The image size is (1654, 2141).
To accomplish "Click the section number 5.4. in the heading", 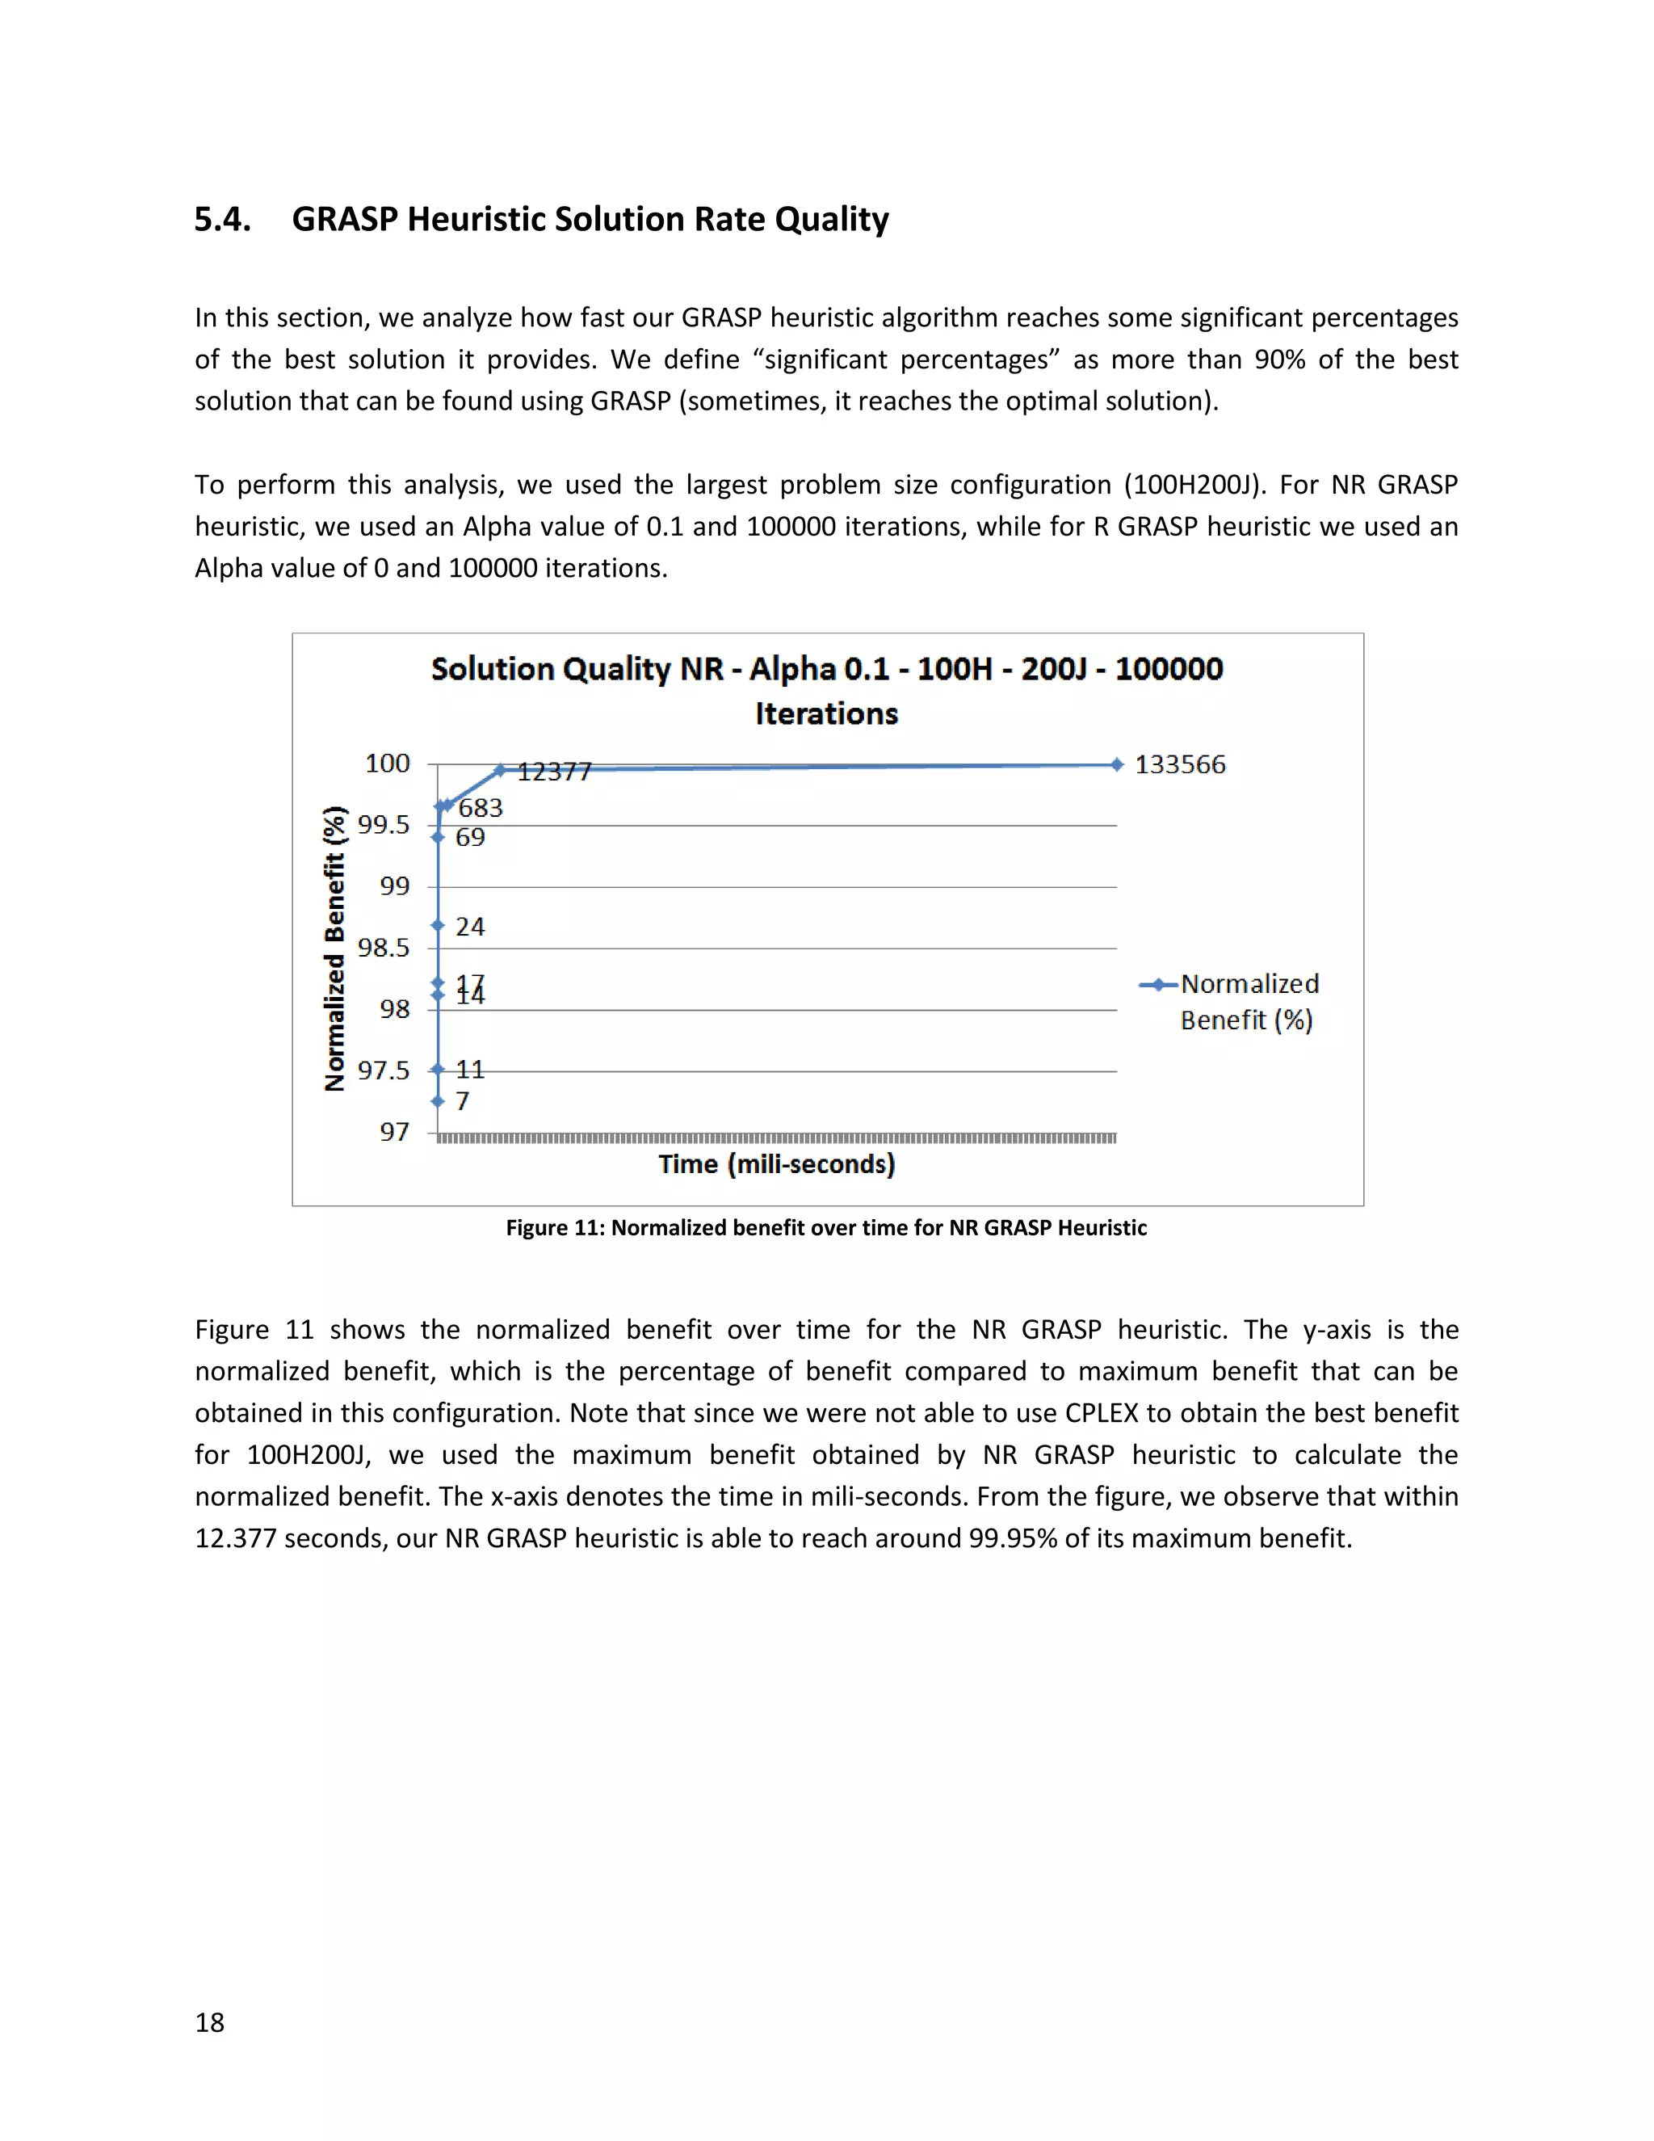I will tap(222, 219).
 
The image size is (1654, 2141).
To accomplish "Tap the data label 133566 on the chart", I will tap(1180, 764).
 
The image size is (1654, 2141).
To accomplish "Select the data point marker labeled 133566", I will tap(1116, 764).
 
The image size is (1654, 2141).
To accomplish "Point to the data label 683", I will tap(481, 808).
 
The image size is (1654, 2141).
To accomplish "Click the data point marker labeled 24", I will tap(438, 925).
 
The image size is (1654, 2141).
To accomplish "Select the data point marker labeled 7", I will tap(438, 1101).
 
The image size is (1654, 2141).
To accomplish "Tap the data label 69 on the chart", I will tap(470, 837).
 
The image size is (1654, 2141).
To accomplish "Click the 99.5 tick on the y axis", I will tap(383, 824).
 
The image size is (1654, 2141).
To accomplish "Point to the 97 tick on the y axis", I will tap(394, 1132).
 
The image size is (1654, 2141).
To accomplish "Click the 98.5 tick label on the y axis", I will tap(383, 948).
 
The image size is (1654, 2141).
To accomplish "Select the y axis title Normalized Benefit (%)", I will tap(335, 948).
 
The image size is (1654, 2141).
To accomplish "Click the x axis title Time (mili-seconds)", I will tap(776, 1163).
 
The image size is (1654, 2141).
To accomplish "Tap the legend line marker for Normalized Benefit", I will tap(1158, 985).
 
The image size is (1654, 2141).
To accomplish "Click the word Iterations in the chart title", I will tap(826, 713).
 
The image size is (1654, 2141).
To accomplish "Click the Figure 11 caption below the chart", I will tap(826, 1227).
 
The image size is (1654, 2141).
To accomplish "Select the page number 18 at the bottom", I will tap(210, 2022).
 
